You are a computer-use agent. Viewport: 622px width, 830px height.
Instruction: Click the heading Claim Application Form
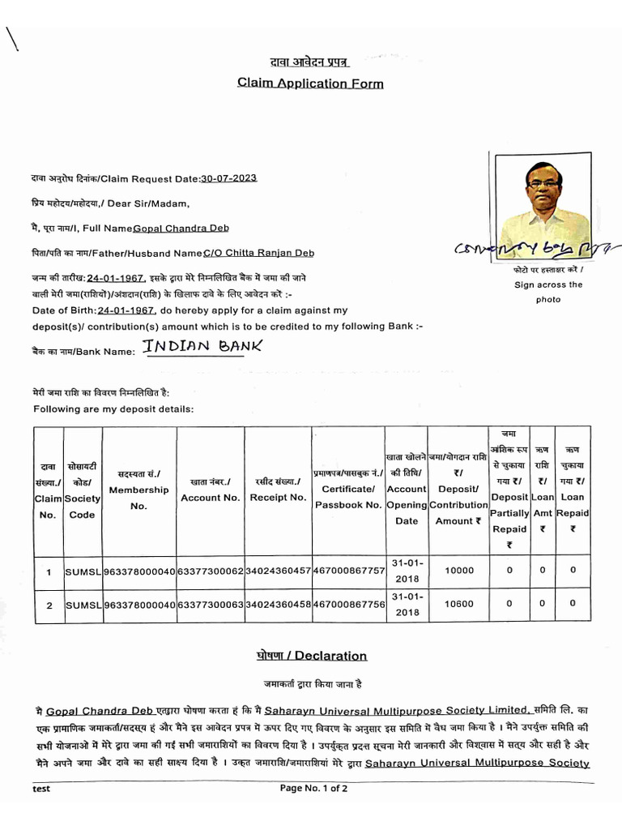[x=310, y=83]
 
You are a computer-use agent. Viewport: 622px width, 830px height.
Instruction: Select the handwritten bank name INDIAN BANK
[x=202, y=347]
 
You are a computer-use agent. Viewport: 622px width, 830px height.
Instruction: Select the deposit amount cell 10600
[x=460, y=604]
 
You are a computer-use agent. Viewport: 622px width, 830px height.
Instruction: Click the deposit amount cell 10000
[x=460, y=571]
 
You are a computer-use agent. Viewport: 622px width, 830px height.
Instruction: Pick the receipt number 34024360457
[x=278, y=571]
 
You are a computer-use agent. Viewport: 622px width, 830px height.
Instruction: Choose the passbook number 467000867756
[x=348, y=605]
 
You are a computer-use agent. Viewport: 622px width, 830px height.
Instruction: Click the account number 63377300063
[x=211, y=605]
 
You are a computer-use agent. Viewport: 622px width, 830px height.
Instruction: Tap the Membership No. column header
[x=138, y=490]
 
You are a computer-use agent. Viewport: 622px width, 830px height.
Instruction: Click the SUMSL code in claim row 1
[x=83, y=571]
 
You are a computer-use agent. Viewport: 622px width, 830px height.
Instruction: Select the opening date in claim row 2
[x=407, y=605]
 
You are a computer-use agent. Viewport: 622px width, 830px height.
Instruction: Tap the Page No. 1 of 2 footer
[x=314, y=788]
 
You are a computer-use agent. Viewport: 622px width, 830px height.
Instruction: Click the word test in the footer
[x=41, y=788]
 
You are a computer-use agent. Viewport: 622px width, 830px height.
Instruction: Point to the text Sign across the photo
[x=548, y=292]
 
